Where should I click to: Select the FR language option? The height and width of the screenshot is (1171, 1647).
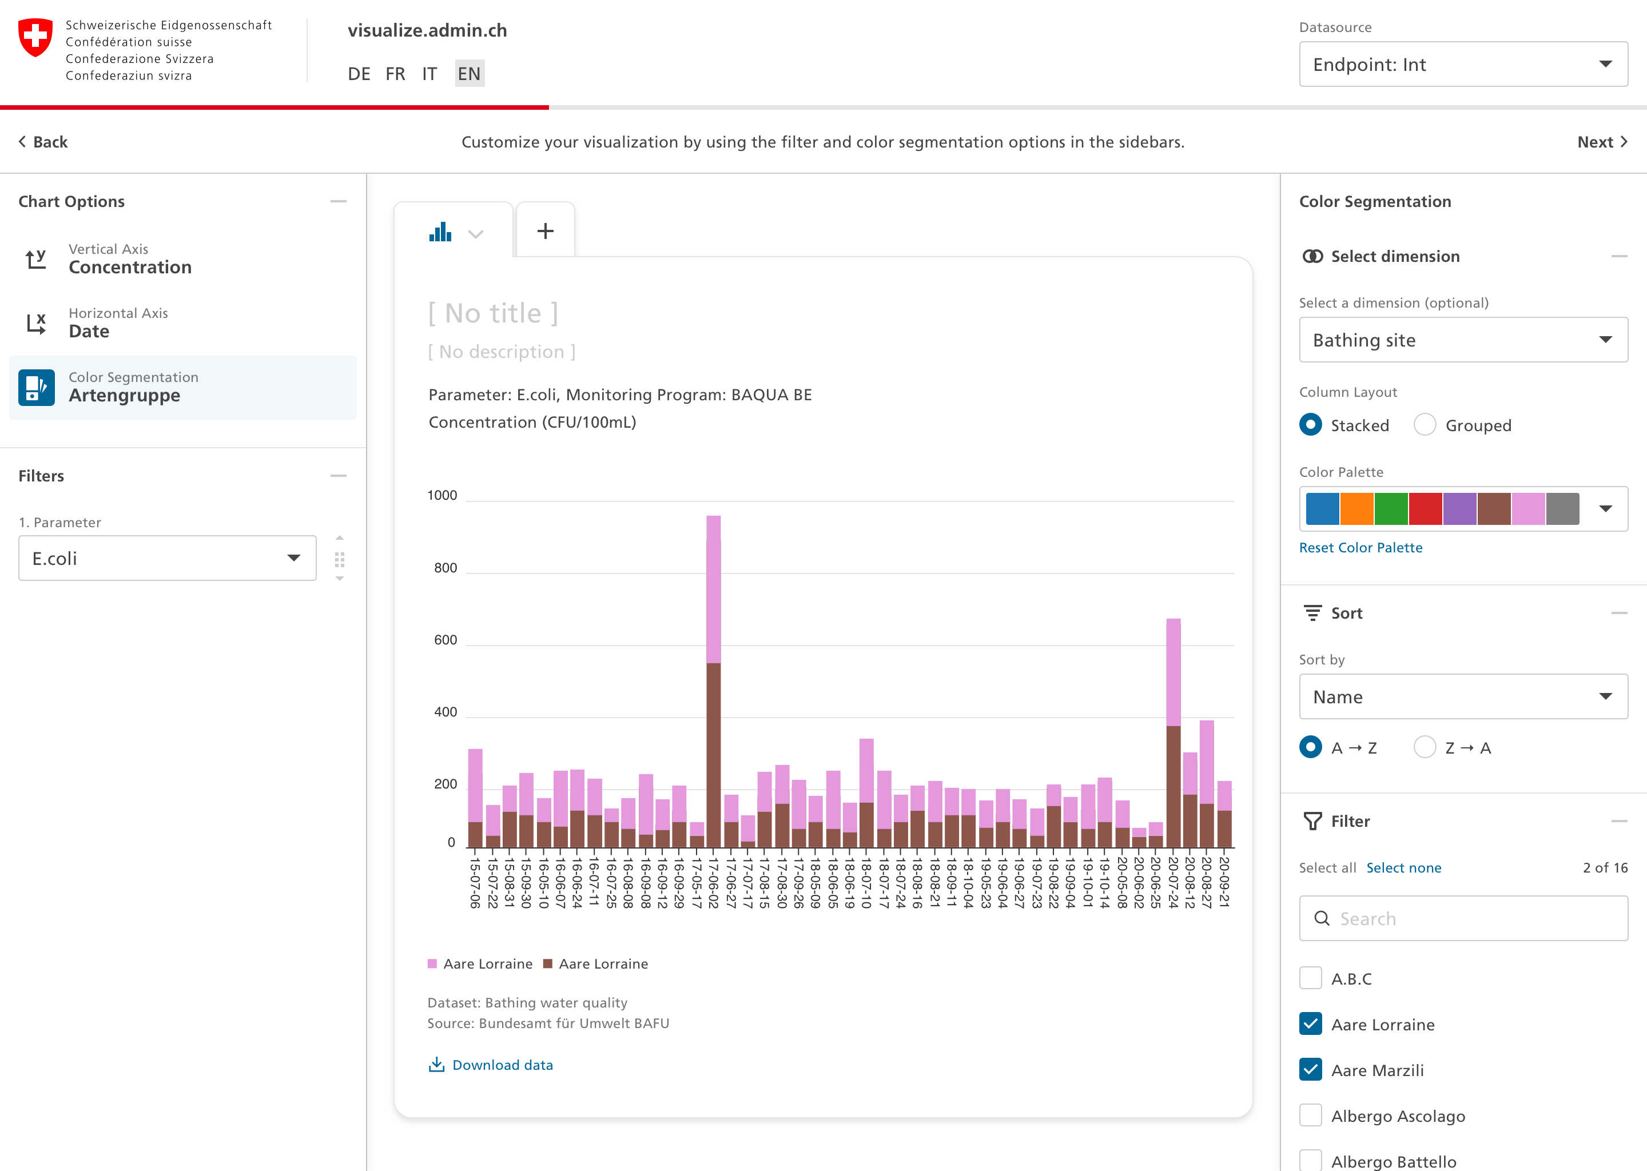(x=395, y=74)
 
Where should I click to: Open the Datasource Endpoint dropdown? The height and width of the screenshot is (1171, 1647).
(x=1462, y=64)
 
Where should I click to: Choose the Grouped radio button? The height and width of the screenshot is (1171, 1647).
(x=1425, y=425)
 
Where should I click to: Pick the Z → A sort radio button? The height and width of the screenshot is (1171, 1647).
(x=1425, y=747)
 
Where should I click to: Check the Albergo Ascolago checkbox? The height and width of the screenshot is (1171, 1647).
(x=1311, y=1116)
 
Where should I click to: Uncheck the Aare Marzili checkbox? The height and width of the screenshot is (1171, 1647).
(x=1311, y=1070)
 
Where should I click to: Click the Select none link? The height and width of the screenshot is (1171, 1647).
(x=1403, y=867)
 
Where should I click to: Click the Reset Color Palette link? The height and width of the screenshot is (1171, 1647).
(x=1360, y=547)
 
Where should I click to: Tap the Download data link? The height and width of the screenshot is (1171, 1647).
(x=502, y=1065)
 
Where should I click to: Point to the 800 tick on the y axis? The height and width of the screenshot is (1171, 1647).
(x=445, y=568)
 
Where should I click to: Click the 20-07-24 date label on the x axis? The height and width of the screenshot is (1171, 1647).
(x=1173, y=882)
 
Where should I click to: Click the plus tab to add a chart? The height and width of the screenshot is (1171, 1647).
(x=545, y=231)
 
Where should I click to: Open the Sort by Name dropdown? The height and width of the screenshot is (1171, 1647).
(x=1462, y=696)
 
